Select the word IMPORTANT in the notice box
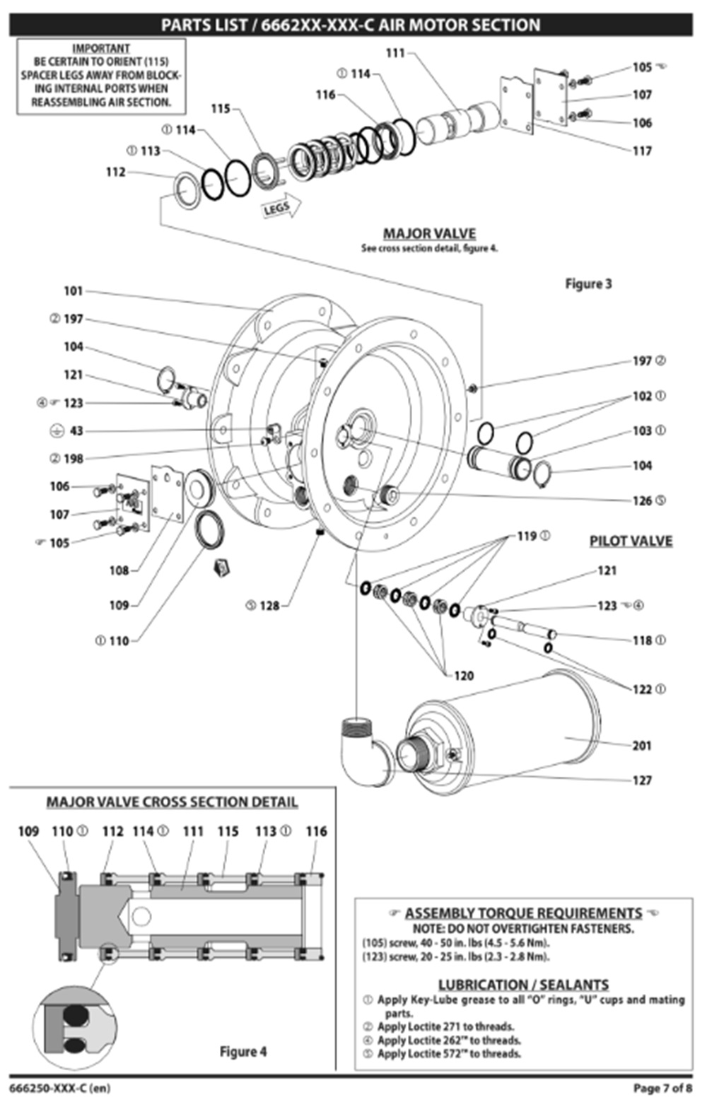click(x=101, y=48)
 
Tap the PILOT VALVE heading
click(x=631, y=541)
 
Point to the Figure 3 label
click(x=588, y=283)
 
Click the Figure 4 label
click(x=243, y=1051)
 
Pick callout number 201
click(x=641, y=745)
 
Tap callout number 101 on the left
click(x=73, y=291)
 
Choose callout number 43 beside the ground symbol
click(x=76, y=430)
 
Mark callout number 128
click(x=269, y=605)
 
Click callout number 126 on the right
click(x=642, y=500)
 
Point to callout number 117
click(x=641, y=151)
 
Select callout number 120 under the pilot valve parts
click(x=464, y=676)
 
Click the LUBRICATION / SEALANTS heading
click(x=523, y=984)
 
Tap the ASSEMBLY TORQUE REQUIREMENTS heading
click(x=523, y=913)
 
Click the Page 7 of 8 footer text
click(x=662, y=1088)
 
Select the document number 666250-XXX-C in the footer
click(x=59, y=1088)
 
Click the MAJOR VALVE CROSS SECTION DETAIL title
click(x=172, y=802)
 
